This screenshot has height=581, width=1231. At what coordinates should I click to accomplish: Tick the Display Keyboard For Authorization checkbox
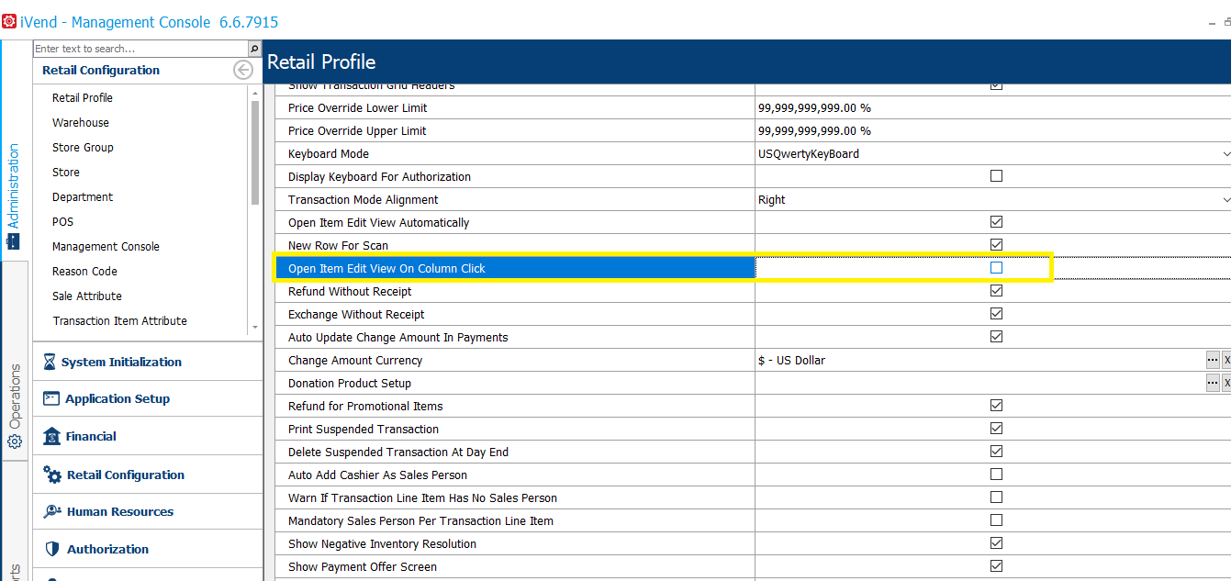coord(996,176)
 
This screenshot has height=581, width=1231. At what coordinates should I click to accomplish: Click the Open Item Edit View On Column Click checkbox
coord(996,268)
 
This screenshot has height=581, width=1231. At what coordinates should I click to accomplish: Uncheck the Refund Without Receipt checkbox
coord(996,291)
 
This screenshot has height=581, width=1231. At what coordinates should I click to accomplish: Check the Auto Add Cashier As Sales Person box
coord(996,475)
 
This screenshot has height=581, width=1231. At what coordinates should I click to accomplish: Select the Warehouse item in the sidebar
coord(81,123)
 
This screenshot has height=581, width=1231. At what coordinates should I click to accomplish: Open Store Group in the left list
coord(83,148)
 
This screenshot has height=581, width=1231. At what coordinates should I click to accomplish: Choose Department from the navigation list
coord(83,197)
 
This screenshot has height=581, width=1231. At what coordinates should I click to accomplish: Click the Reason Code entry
coord(84,272)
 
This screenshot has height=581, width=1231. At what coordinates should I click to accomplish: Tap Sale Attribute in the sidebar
coord(87,296)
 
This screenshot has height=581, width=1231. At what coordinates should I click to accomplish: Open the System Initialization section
coord(121,363)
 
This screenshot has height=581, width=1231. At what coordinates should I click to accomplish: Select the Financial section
coord(91,437)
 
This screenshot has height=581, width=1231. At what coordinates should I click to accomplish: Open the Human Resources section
coord(120,512)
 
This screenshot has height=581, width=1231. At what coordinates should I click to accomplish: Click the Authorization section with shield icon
coord(107,550)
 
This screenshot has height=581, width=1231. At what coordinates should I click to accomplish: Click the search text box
coord(140,49)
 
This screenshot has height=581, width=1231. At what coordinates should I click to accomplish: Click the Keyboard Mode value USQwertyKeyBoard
coord(809,154)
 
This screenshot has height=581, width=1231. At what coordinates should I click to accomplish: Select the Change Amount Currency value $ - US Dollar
coord(791,361)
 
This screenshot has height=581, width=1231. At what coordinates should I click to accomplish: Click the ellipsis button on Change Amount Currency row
coord(1213,361)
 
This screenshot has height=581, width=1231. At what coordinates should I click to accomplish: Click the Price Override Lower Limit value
coord(814,108)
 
